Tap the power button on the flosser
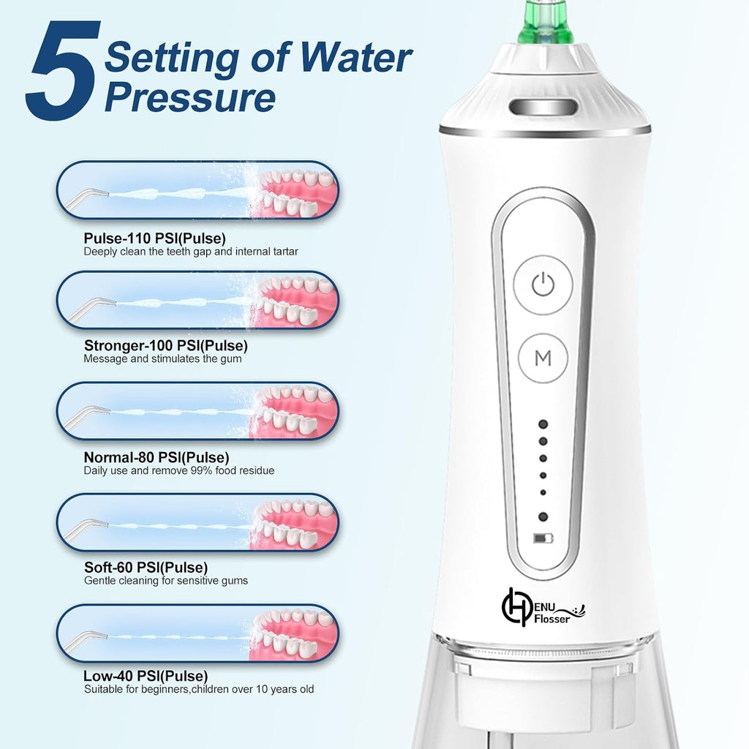click(x=543, y=285)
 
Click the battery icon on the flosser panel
click(x=543, y=539)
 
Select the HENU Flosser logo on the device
click(x=543, y=608)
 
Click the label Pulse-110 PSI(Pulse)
click(x=155, y=238)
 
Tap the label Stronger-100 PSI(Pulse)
click(x=166, y=345)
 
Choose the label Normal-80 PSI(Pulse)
click(x=157, y=457)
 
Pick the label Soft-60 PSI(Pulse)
click(x=146, y=567)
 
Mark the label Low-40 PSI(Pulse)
click(x=146, y=676)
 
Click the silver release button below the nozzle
click(x=543, y=107)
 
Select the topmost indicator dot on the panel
click(x=543, y=424)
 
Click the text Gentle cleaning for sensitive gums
click(x=166, y=581)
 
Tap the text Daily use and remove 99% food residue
click(x=179, y=470)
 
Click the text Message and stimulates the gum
click(x=162, y=358)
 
